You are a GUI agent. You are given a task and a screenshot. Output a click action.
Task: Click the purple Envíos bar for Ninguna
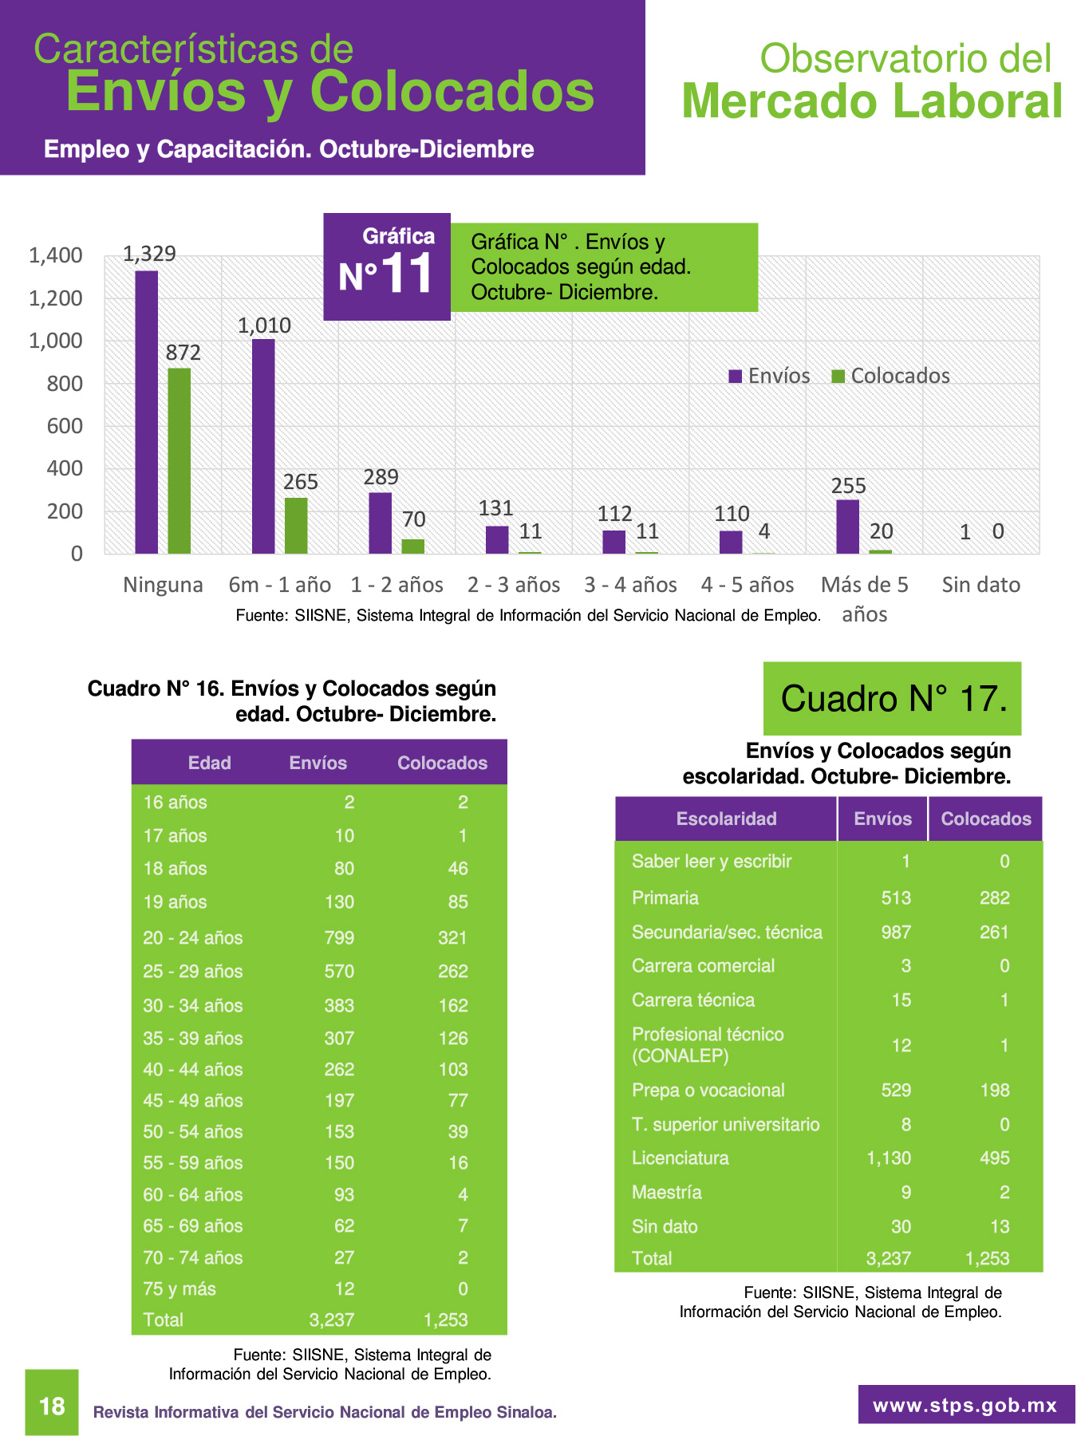146,412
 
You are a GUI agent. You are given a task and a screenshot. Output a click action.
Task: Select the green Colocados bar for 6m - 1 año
296,526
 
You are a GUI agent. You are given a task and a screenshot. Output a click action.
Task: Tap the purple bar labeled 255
848,527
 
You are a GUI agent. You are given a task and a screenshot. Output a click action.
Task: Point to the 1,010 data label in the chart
264,325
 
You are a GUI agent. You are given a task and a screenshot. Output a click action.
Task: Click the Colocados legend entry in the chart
891,376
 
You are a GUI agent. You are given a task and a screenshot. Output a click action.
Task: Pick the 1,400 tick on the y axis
56,255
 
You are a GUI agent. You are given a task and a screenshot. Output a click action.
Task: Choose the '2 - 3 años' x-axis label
514,585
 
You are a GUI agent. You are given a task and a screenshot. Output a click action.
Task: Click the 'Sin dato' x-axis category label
981,585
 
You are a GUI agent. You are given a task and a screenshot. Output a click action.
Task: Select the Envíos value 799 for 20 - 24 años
339,937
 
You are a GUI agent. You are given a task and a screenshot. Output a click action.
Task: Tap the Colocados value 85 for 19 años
458,902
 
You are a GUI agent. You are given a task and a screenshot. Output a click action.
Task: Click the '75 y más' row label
179,1288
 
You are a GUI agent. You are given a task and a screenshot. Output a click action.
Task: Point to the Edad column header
210,763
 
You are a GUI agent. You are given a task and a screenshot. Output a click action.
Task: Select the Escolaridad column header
727,819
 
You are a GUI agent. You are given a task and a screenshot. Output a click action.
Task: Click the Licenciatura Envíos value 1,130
889,1158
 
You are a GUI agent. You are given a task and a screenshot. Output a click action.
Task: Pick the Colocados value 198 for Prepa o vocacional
995,1090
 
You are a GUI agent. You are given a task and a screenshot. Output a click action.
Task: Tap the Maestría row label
667,1192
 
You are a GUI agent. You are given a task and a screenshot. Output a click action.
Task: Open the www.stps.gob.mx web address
966,1405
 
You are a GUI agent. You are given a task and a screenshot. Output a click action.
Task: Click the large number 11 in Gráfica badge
408,274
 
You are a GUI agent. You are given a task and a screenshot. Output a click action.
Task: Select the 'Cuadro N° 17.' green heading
893,699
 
